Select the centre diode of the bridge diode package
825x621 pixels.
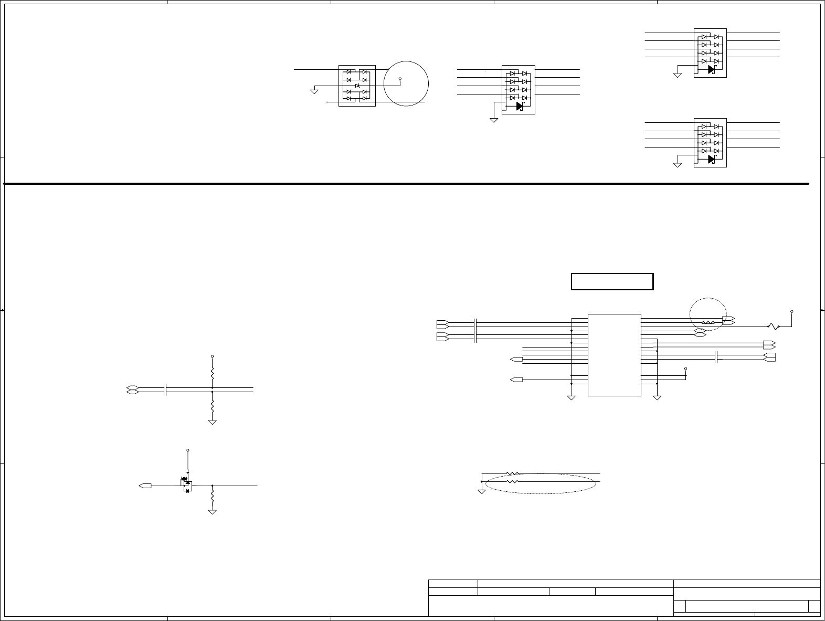[357, 86]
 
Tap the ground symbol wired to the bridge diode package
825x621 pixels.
[314, 91]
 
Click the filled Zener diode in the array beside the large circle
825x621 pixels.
[519, 106]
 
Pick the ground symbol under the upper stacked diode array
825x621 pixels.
[678, 75]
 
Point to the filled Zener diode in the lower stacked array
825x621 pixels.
[711, 159]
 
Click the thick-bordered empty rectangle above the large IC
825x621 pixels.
[612, 282]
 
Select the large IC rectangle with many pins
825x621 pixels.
[614, 355]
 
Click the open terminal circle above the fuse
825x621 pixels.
[791, 311]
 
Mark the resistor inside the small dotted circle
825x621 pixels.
[708, 323]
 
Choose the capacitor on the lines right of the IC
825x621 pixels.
[716, 358]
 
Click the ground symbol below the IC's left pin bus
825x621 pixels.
[572, 397]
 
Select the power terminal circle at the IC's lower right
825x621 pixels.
[685, 369]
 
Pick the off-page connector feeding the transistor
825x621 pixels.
[145, 486]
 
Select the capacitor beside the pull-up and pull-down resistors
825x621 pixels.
[165, 391]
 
